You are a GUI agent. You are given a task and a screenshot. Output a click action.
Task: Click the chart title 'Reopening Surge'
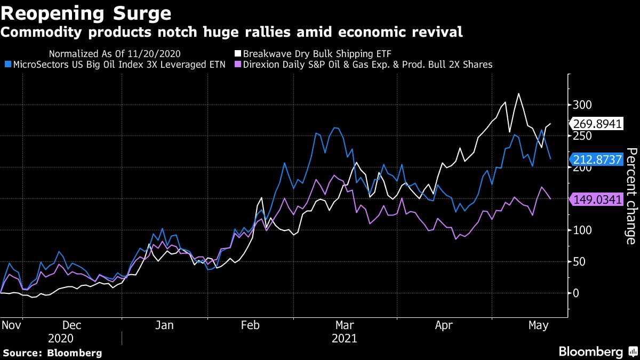tap(86, 12)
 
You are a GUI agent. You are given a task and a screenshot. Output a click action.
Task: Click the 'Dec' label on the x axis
tap(72, 325)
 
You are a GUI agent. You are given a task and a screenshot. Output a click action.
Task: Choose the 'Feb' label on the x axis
tap(250, 325)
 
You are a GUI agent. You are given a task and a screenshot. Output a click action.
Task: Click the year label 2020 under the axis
tap(61, 339)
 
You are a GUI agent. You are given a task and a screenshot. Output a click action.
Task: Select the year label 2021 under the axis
tap(344, 339)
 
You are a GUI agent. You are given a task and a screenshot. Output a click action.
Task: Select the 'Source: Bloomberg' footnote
tap(52, 353)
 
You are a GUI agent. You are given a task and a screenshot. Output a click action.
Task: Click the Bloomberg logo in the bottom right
tap(597, 352)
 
